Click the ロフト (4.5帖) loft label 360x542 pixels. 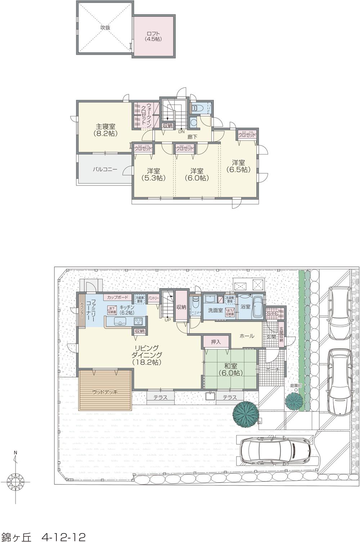[x=153, y=36]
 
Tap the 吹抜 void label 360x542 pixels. [x=105, y=27]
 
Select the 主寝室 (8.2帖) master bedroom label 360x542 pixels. [x=105, y=130]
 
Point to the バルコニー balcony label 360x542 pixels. [x=105, y=169]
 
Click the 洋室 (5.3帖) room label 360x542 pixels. [x=153, y=174]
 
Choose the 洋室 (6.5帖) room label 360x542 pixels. [x=238, y=166]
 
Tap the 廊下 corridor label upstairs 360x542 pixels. [x=192, y=137]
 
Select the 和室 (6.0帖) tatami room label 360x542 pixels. [x=231, y=369]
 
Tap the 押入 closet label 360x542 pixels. [x=216, y=342]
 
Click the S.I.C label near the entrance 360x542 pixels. [x=273, y=313]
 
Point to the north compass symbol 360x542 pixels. [x=15, y=481]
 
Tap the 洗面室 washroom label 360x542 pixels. [x=215, y=310]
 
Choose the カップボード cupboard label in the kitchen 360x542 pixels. [x=117, y=298]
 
